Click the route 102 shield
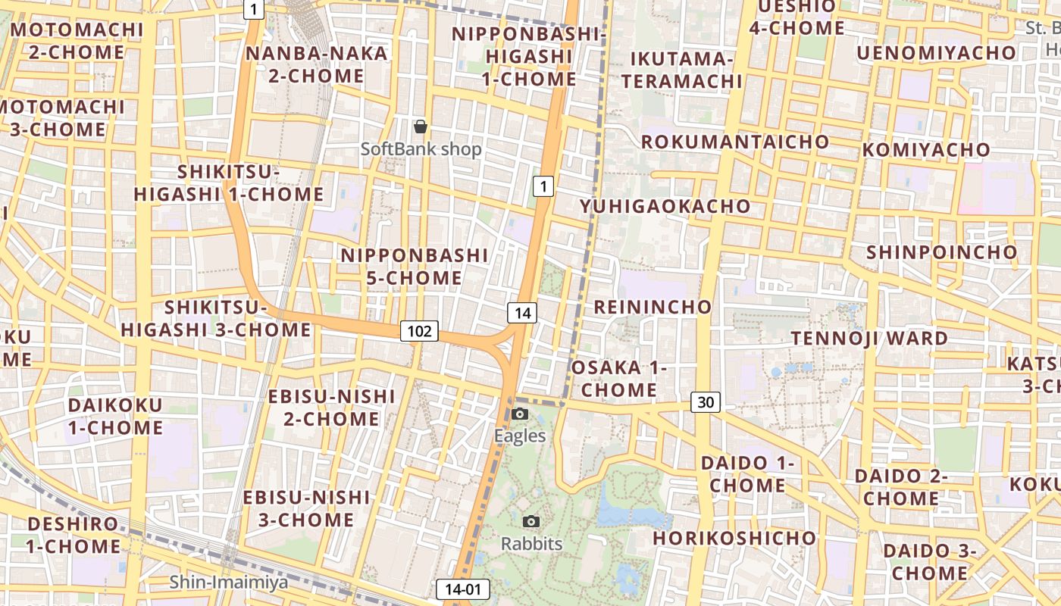click(419, 330)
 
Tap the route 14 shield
click(522, 312)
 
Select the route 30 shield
click(705, 402)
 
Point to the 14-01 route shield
click(463, 589)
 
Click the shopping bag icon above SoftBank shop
click(420, 127)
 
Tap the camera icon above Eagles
click(520, 414)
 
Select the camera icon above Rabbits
click(531, 521)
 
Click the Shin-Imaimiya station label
click(228, 583)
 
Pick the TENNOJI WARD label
click(869, 338)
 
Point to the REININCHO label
click(653, 307)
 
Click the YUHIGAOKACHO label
click(665, 206)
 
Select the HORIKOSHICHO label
click(734, 538)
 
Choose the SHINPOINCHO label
click(941, 251)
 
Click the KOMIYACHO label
click(925, 150)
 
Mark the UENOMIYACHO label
click(936, 52)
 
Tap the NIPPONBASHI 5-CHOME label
click(414, 266)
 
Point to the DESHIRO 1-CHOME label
click(73, 535)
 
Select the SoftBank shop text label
click(421, 149)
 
